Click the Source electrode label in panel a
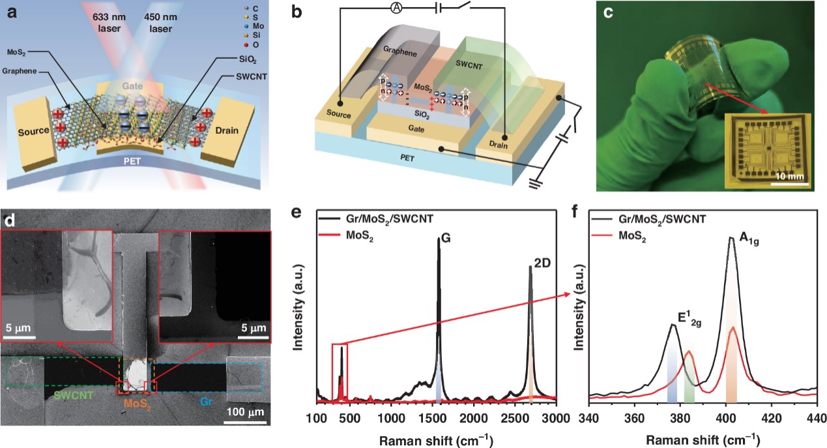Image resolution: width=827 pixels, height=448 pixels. tap(33, 131)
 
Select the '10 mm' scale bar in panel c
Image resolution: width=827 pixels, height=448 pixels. tap(789, 175)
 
